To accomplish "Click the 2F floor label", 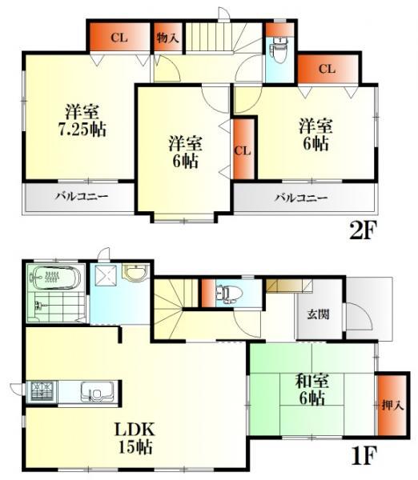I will (x=362, y=231).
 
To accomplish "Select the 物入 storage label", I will (x=167, y=38).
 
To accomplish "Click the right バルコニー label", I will (x=302, y=198).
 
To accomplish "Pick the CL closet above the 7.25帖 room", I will (x=119, y=38).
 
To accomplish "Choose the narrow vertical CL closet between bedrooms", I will (x=244, y=150).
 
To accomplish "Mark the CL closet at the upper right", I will (x=326, y=69).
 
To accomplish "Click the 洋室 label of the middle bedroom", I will (x=185, y=144).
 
